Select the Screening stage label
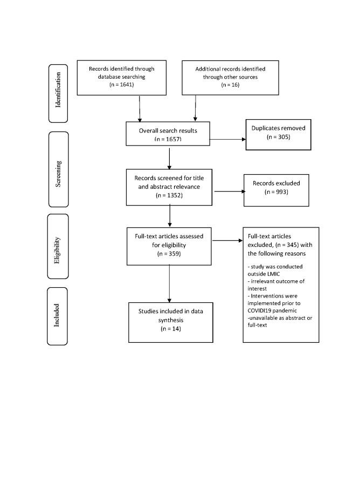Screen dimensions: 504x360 (x=58, y=169)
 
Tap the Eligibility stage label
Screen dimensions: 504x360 (x=58, y=247)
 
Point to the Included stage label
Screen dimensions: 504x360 (x=58, y=316)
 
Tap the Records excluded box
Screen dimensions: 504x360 (x=276, y=190)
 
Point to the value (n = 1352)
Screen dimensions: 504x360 (x=169, y=195)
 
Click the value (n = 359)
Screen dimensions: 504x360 (x=169, y=253)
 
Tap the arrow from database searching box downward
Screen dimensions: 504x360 (x=140, y=108)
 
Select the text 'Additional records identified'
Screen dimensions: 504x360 (x=230, y=69)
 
